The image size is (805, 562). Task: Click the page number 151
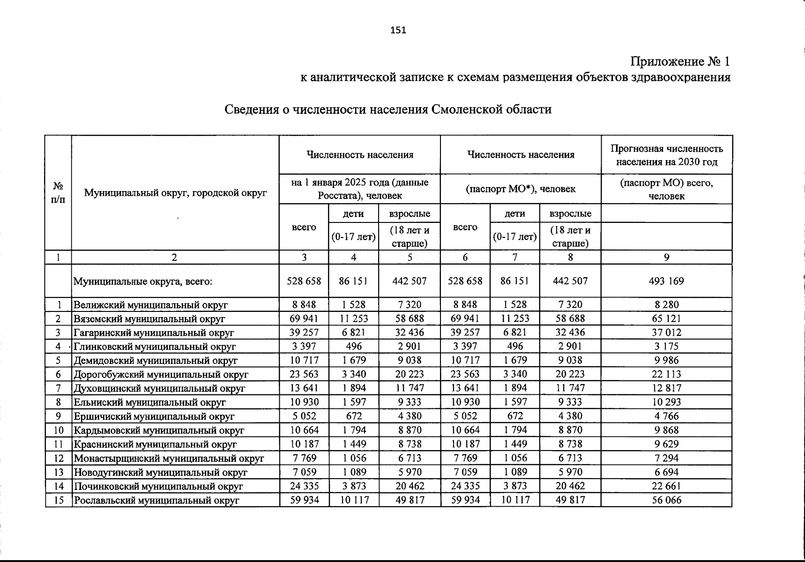click(398, 30)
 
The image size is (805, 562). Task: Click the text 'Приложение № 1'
click(680, 61)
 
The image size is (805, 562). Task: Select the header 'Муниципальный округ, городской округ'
click(175, 192)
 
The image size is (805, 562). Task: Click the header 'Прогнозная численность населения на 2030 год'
click(666, 155)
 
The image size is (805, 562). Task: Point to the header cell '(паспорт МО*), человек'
click(520, 189)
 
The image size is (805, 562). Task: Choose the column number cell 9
click(666, 257)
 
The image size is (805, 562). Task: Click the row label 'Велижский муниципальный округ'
click(150, 305)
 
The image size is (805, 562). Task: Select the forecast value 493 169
click(666, 281)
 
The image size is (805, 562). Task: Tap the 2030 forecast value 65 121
click(666, 318)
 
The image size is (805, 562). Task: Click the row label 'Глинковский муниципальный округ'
click(154, 347)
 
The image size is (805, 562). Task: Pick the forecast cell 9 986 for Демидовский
click(666, 360)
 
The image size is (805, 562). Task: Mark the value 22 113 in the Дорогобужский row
click(666, 374)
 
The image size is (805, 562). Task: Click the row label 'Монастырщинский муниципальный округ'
click(169, 458)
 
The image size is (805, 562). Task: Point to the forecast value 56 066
click(666, 500)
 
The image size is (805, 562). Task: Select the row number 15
click(59, 500)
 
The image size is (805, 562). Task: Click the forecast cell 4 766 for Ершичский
click(666, 416)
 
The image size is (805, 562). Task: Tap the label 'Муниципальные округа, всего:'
click(143, 281)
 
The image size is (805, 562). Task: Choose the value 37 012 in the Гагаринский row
click(666, 333)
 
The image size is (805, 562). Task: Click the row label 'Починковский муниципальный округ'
click(158, 486)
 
